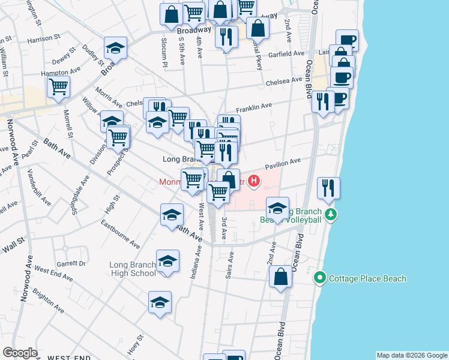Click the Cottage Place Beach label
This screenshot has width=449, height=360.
[367, 278]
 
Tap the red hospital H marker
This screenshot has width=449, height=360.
[255, 179]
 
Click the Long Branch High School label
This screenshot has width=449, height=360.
[133, 269]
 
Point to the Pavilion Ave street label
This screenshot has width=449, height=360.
[283, 163]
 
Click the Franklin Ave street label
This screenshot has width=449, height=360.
[254, 107]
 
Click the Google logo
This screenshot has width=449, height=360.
[20, 353]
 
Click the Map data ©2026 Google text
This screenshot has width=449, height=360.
[412, 355]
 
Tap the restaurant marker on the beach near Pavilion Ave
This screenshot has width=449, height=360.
[329, 187]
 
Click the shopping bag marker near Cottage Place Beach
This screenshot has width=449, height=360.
[280, 277]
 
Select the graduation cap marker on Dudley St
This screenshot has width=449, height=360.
[116, 48]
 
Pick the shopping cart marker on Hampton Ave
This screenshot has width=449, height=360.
[59, 86]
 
